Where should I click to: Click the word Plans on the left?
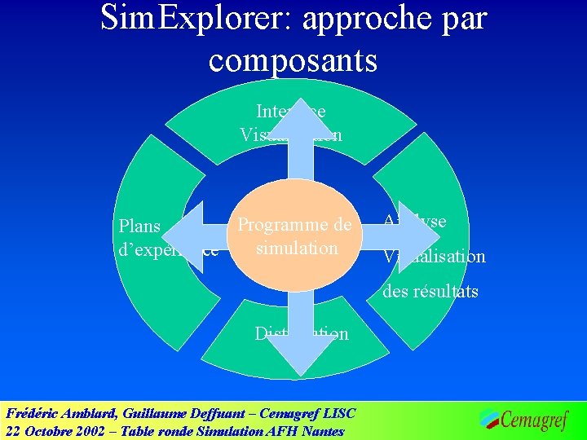click(139, 227)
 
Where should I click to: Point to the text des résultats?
click(430, 291)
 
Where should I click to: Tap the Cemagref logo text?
click(533, 420)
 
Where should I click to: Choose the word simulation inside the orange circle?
click(296, 248)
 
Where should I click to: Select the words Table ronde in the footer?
click(159, 431)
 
